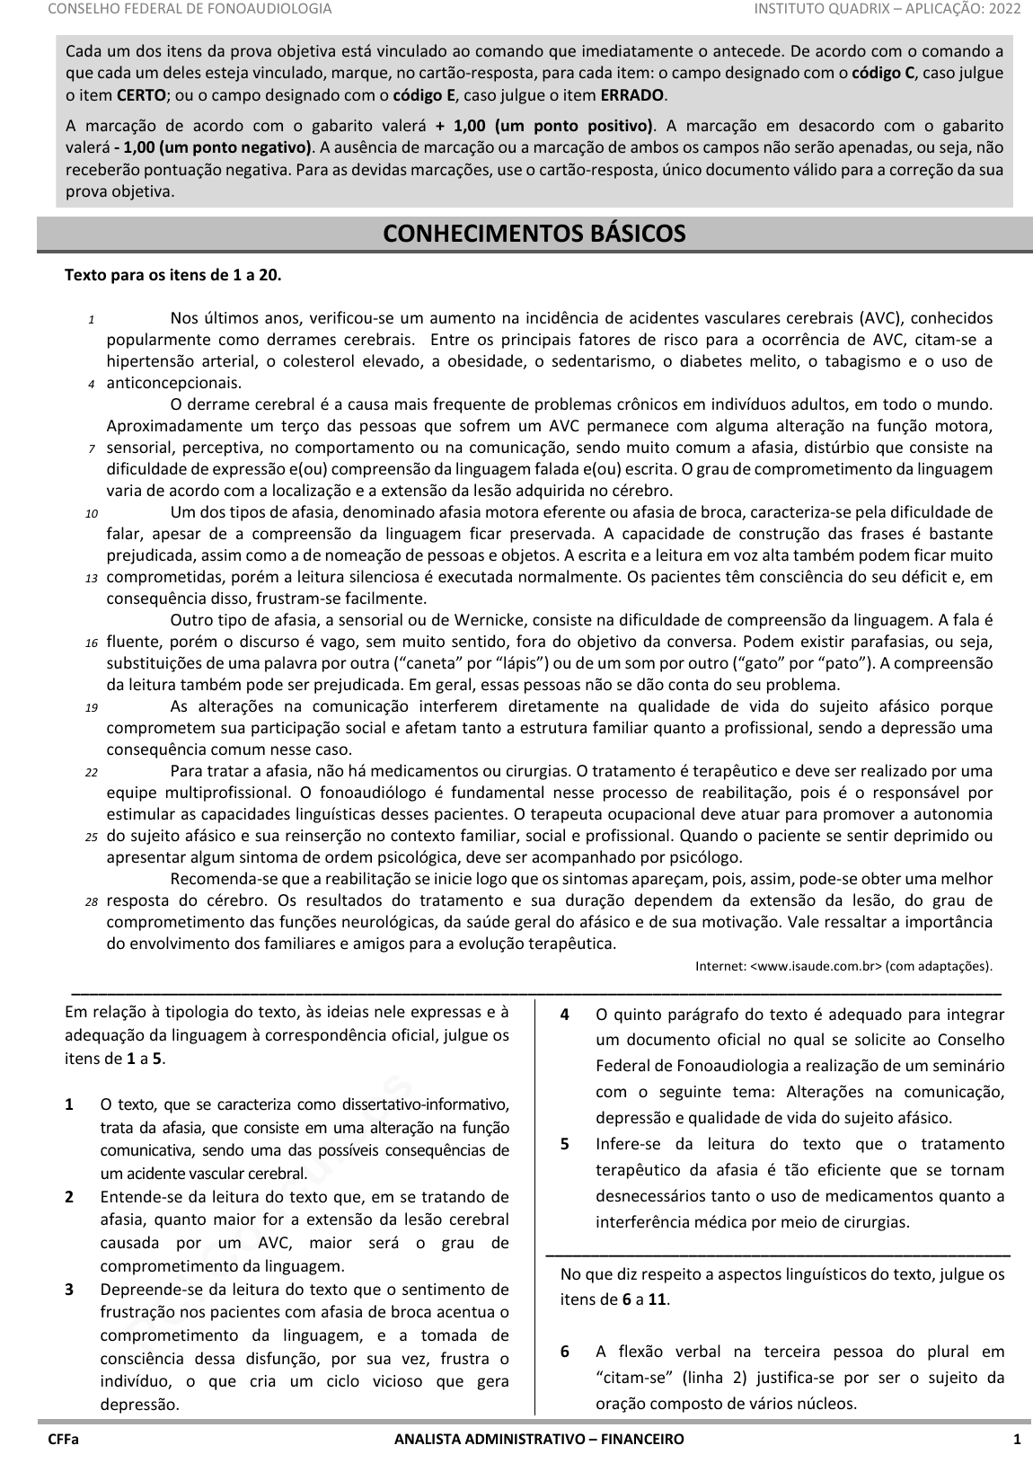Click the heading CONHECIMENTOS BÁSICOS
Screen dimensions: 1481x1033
pos(534,234)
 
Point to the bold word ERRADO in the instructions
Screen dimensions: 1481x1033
pos(632,94)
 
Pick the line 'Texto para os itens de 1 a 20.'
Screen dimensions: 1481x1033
pos(172,275)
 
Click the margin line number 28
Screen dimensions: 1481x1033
pos(91,901)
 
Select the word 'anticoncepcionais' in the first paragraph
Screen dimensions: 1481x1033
pos(173,383)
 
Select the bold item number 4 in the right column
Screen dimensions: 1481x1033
pos(564,1015)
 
